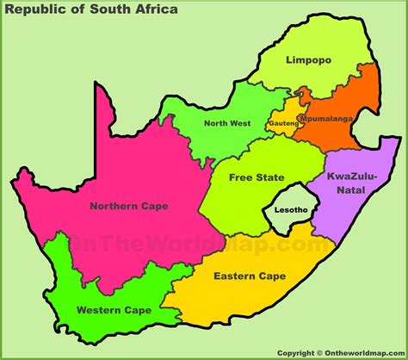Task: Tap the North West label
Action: tap(227, 123)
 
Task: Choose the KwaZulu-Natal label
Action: tap(347, 182)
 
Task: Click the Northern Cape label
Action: tap(128, 206)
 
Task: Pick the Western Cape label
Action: tap(114, 309)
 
